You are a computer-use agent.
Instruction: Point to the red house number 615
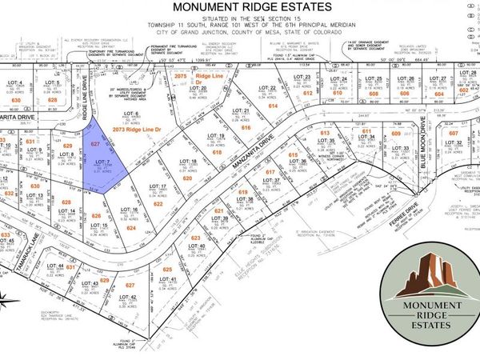[294, 154]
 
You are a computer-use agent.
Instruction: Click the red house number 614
[273, 105]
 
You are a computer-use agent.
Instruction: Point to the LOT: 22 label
[268, 88]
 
